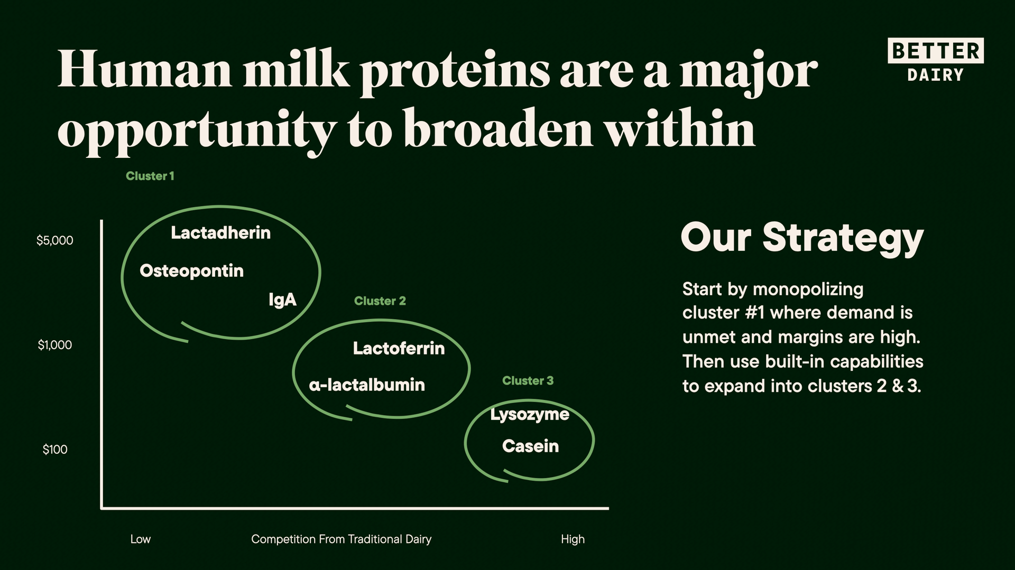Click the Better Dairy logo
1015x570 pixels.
click(x=935, y=60)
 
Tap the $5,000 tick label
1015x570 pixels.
click(x=55, y=240)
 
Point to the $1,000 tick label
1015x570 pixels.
click(x=55, y=345)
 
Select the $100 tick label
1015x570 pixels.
click(x=55, y=450)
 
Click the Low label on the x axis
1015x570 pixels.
click(x=141, y=539)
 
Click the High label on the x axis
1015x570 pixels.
click(x=573, y=539)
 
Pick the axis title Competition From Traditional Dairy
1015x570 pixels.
click(x=341, y=539)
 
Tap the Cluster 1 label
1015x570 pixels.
click(x=150, y=176)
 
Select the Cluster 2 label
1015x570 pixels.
click(x=380, y=301)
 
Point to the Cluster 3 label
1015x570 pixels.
click(x=528, y=380)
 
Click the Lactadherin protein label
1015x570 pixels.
click(x=220, y=232)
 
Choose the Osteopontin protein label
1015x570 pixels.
click(x=191, y=271)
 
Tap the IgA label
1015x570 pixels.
click(x=282, y=300)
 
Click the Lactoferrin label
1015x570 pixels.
click(x=399, y=348)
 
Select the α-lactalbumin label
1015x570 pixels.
click(x=366, y=385)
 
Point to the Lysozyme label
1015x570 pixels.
click(x=530, y=415)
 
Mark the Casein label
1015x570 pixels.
click(x=530, y=446)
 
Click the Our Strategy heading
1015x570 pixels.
click(x=802, y=238)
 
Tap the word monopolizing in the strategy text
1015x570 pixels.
click(x=808, y=289)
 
